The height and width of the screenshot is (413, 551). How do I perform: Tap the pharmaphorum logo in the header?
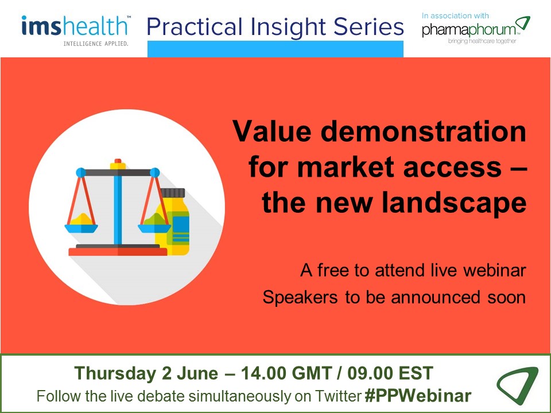pyautogui.click(x=476, y=28)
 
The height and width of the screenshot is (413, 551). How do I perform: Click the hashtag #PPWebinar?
pyautogui.click(x=418, y=396)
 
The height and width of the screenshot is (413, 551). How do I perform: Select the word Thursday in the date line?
pyautogui.click(x=115, y=373)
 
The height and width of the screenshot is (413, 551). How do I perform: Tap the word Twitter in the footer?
pyautogui.click(x=338, y=396)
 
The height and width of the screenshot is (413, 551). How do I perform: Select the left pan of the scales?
pyautogui.click(x=81, y=228)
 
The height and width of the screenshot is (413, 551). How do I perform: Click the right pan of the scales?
pyautogui.click(x=154, y=228)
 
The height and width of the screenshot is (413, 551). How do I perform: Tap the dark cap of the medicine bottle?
pyautogui.click(x=173, y=193)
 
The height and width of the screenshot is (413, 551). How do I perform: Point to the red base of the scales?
pyautogui.click(x=118, y=252)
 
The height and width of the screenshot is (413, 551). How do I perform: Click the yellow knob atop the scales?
pyautogui.click(x=118, y=164)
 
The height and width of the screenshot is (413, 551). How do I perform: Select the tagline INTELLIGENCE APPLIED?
pyautogui.click(x=96, y=44)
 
